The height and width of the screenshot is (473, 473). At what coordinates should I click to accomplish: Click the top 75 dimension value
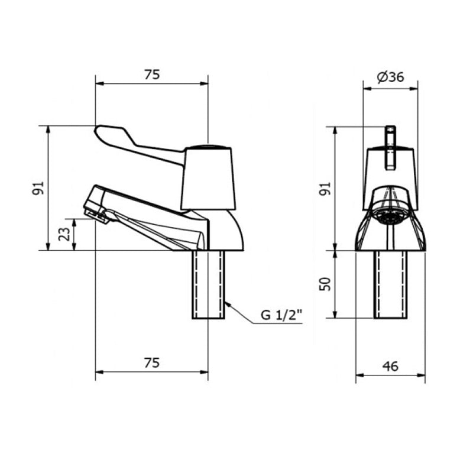pos(152,74)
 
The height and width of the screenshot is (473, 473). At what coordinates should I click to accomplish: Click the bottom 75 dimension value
pos(152,363)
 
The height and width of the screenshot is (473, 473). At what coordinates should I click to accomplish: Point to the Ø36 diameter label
pos(390,77)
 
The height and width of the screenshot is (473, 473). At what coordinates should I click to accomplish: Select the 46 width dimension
pos(390,367)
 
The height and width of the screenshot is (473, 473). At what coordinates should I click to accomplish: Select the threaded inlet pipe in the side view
pos(208,284)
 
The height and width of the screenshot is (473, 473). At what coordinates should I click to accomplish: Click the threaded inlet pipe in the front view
pos(390,284)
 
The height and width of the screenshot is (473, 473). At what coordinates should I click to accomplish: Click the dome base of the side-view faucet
pos(228,234)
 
